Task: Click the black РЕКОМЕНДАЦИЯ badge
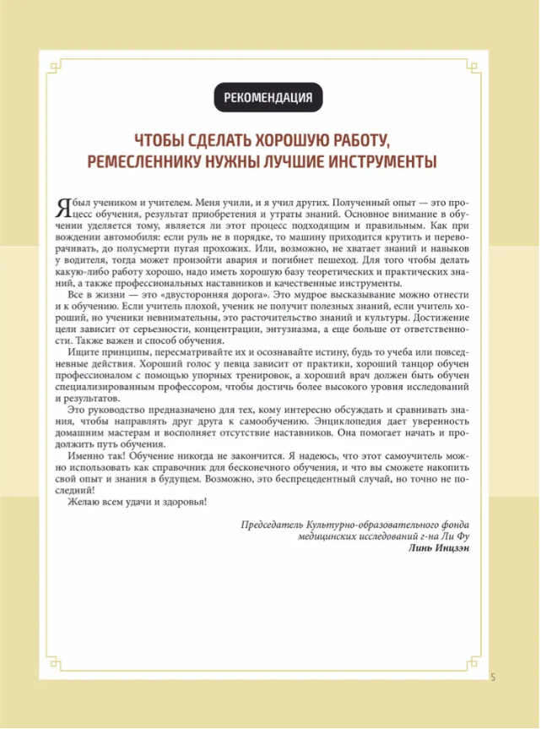(268, 98)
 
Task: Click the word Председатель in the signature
(275, 525)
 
